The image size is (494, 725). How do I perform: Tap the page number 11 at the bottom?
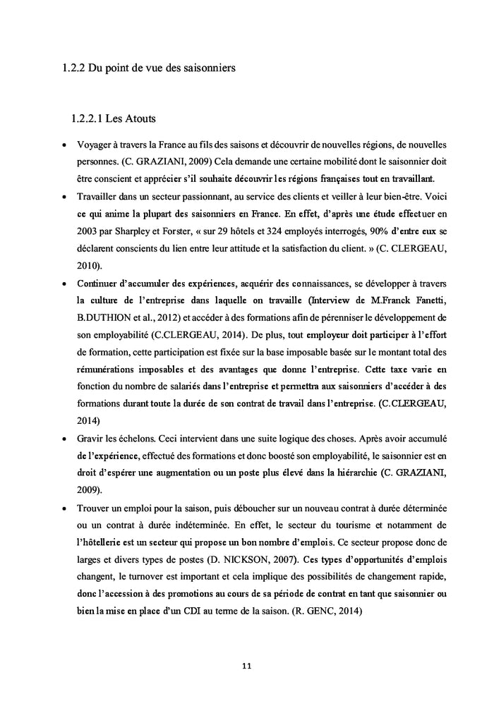click(246, 665)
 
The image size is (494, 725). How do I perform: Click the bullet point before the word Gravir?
click(64, 439)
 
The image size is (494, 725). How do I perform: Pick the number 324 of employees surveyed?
click(238, 231)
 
